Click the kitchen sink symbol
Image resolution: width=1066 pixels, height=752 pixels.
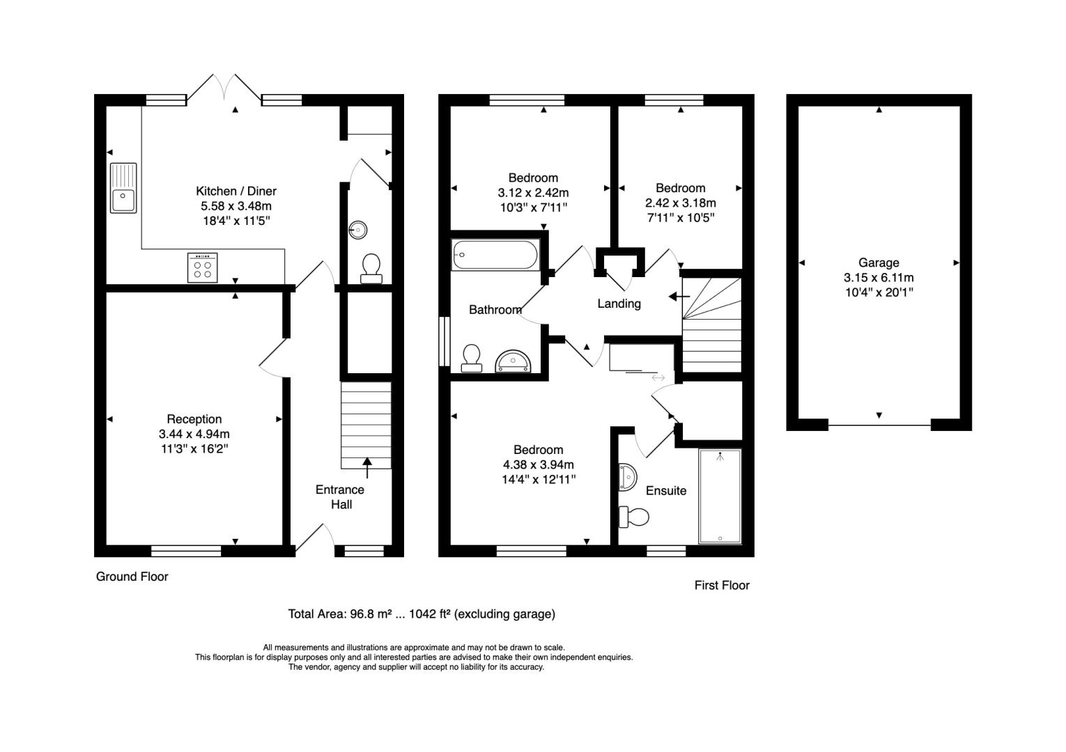123,188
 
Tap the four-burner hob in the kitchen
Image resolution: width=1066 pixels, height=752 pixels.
202,268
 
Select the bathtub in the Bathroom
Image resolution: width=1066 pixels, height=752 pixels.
495,254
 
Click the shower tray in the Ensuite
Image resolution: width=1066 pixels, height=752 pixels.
720,496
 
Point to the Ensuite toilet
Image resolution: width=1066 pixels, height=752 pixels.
634,517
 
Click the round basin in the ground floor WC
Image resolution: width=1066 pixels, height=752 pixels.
358,230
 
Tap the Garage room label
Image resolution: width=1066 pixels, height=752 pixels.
879,263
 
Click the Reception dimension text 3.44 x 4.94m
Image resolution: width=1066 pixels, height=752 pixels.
194,434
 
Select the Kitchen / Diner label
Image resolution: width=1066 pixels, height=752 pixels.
236,191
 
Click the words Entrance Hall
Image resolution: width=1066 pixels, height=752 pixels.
340,497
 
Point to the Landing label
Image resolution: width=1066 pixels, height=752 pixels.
619,304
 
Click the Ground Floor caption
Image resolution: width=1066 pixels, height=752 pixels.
132,577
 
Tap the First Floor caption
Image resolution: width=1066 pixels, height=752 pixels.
722,586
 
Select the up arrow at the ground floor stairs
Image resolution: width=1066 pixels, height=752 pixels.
367,468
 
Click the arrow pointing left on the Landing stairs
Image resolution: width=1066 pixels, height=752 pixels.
679,297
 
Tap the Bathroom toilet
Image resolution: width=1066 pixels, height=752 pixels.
471,358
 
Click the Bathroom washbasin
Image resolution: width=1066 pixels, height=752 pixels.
513,361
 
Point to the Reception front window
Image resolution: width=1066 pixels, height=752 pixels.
186,551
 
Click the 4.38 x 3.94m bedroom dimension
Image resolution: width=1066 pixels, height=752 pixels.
539,464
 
